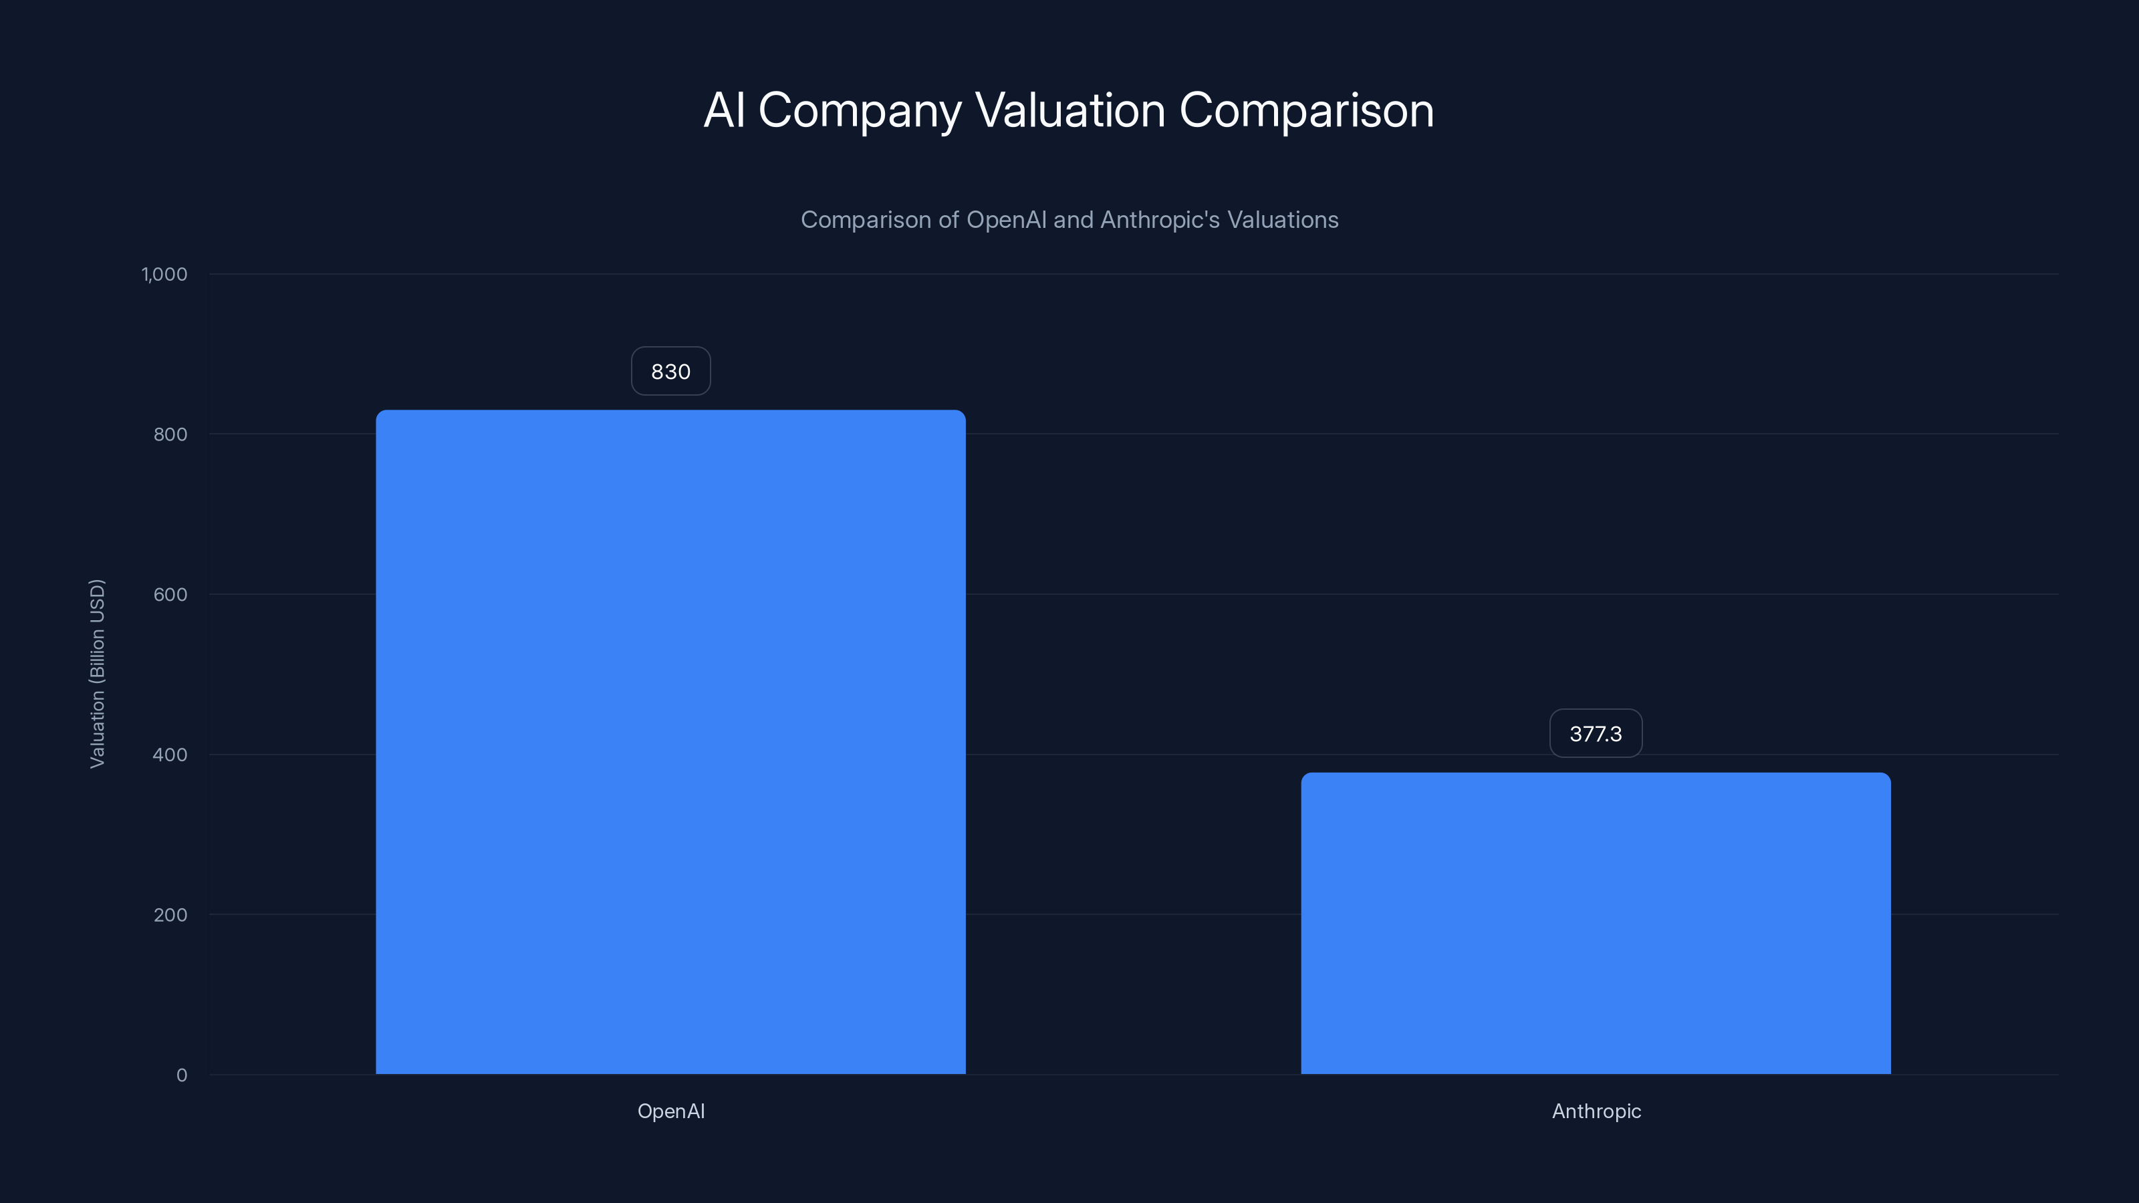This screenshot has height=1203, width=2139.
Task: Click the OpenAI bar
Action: pyautogui.click(x=670, y=741)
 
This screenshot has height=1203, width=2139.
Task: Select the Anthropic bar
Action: pyautogui.click(x=1595, y=923)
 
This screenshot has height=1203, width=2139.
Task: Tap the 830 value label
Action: pyautogui.click(x=670, y=371)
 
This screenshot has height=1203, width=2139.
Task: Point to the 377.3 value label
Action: pyautogui.click(x=1595, y=733)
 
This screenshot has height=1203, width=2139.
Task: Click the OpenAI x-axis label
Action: pyautogui.click(x=670, y=1111)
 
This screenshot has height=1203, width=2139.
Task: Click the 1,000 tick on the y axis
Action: pyautogui.click(x=164, y=274)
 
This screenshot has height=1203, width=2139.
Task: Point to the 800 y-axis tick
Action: pyautogui.click(x=170, y=434)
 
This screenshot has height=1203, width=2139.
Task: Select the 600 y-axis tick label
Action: pyautogui.click(x=170, y=594)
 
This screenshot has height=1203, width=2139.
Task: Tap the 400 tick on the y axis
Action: pyautogui.click(x=170, y=755)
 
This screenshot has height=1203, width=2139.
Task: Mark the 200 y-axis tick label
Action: pyautogui.click(x=170, y=915)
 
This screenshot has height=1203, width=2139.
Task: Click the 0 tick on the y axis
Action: pyautogui.click(x=182, y=1075)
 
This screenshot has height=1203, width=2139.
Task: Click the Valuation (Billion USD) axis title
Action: pyautogui.click(x=97, y=673)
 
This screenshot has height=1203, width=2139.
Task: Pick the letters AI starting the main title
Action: pyautogui.click(x=724, y=110)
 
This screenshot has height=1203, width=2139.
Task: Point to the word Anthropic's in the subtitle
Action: pyautogui.click(x=1160, y=220)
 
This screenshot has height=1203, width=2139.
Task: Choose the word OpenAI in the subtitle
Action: pyautogui.click(x=1007, y=220)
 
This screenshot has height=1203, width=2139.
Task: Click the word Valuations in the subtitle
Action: pyautogui.click(x=1283, y=220)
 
